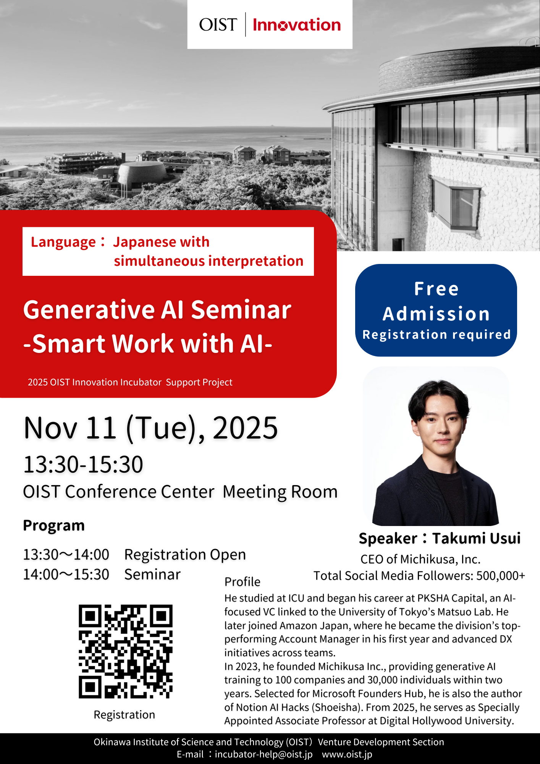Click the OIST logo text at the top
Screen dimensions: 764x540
point(218,25)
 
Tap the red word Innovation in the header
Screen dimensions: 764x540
point(297,25)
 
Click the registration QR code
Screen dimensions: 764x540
point(125,651)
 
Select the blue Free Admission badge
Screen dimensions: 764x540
point(436,310)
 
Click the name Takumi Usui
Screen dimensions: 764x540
point(476,538)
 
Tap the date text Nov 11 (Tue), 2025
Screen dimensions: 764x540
point(150,428)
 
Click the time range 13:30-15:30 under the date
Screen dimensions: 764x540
point(83,465)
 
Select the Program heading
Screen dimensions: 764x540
point(54,526)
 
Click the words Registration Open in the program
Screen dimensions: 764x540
point(185,555)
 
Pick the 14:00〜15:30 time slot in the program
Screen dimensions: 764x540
point(66,575)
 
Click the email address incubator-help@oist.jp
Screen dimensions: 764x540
point(264,754)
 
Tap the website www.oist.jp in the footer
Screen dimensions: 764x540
point(347,754)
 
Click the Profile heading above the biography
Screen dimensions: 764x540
point(242,582)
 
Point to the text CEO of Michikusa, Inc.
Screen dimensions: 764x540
point(420,559)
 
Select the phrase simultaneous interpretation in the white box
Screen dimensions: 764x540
point(209,261)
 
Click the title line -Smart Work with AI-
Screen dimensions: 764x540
point(148,344)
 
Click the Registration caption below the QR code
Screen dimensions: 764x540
point(124,715)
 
